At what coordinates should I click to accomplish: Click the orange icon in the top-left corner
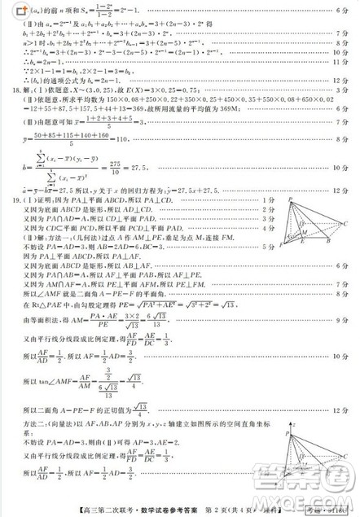8,8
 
